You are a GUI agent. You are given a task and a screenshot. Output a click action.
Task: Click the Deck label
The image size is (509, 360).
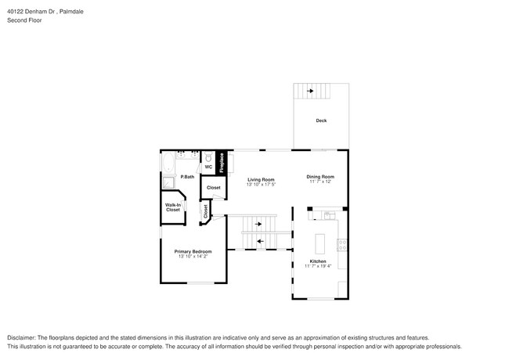pos(321,121)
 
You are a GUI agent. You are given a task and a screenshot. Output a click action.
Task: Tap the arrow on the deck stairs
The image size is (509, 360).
pos(311,92)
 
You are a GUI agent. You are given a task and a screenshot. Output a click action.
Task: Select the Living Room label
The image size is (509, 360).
pos(261,179)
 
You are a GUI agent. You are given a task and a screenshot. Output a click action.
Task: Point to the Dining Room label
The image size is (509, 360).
pos(320,176)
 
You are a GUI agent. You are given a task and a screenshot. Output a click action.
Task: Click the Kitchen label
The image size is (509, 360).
pos(318,261)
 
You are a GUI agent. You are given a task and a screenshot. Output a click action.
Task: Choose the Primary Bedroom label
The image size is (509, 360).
pos(193,251)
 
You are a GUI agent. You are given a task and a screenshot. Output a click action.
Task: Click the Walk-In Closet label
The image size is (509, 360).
pos(172,207)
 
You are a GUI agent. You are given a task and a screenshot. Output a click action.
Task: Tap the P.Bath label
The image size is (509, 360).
pos(187,177)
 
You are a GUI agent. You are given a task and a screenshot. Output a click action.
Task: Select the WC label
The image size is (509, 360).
pos(208,167)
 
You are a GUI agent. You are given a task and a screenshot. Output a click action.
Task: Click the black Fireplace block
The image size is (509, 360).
pos(222,163)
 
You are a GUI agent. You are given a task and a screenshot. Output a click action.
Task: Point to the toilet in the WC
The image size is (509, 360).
pos(208,157)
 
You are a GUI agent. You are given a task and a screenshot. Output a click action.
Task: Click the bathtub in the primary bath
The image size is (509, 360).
pos(168,164)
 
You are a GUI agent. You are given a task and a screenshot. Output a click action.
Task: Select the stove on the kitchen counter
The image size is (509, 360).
pos(341,245)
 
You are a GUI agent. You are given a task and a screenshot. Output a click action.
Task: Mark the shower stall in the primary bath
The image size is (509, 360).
pos(168,183)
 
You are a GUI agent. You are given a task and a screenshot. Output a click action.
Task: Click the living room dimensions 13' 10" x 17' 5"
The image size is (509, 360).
pos(261,185)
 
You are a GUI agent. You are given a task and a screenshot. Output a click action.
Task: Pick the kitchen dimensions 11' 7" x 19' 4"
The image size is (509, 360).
pos(318,266)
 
